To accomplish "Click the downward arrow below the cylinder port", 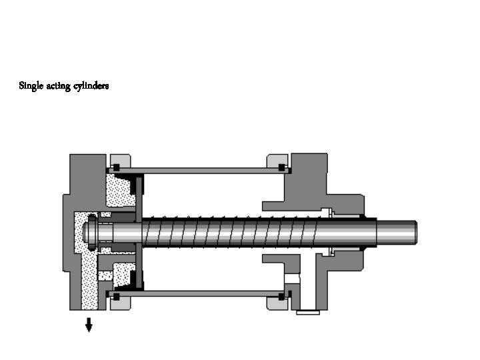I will pyautogui.click(x=88, y=325).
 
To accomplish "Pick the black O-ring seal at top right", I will pyautogui.click(x=282, y=166).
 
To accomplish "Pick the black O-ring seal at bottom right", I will pyautogui.click(x=282, y=295).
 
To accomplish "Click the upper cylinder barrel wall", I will pyautogui.click(x=200, y=171).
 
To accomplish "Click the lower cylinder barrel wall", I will pyautogui.click(x=200, y=293).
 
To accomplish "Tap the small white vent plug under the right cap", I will pyautogui.click(x=308, y=311).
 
